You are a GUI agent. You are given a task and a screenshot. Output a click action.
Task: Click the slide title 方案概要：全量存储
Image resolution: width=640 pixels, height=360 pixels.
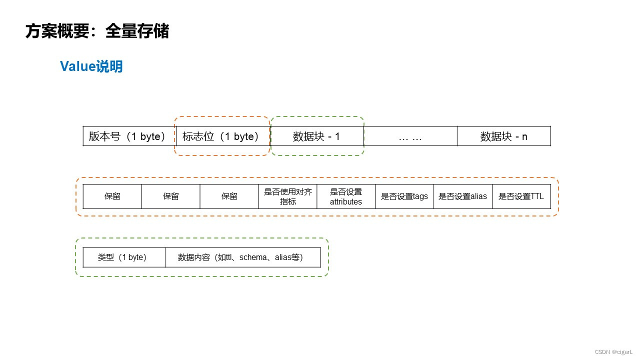[97, 31]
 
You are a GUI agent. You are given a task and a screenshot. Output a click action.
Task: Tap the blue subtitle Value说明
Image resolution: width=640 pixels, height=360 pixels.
[91, 66]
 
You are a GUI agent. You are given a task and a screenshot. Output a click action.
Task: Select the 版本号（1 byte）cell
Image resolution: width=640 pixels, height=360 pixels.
[129, 136]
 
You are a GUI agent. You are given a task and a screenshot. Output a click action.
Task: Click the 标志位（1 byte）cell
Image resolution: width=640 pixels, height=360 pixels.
[223, 136]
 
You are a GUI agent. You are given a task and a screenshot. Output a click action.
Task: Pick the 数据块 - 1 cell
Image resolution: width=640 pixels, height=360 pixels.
[316, 136]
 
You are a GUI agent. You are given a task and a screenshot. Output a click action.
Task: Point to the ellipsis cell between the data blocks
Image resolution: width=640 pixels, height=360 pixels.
[410, 136]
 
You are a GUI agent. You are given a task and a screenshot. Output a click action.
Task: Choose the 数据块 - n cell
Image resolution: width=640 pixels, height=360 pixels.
[503, 136]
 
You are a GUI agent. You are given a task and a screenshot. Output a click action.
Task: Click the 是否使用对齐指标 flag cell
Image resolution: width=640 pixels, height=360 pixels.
[287, 196]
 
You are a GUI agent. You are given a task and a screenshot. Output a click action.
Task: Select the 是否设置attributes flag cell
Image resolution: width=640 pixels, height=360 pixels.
[346, 196]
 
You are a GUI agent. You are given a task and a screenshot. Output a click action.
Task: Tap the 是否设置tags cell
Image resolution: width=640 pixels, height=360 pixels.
[404, 196]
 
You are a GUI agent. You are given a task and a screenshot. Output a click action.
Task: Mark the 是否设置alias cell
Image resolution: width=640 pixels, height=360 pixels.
[462, 196]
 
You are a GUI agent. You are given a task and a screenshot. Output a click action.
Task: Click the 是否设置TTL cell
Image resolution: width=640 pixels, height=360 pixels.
[521, 196]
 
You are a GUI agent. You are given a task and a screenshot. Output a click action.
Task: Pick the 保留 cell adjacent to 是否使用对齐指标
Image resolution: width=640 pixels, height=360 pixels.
[229, 196]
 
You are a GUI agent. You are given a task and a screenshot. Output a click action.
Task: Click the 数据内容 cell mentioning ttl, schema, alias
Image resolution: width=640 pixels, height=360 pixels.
[243, 257]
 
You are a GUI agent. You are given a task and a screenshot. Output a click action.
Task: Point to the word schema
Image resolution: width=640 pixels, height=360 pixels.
[253, 258]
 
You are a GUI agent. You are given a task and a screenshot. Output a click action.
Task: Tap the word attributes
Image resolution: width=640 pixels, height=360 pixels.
[346, 202]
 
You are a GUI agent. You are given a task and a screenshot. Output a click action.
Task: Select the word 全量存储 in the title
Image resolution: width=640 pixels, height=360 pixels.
[137, 31]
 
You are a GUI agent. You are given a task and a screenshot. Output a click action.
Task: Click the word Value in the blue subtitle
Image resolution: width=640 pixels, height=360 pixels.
[74, 66]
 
